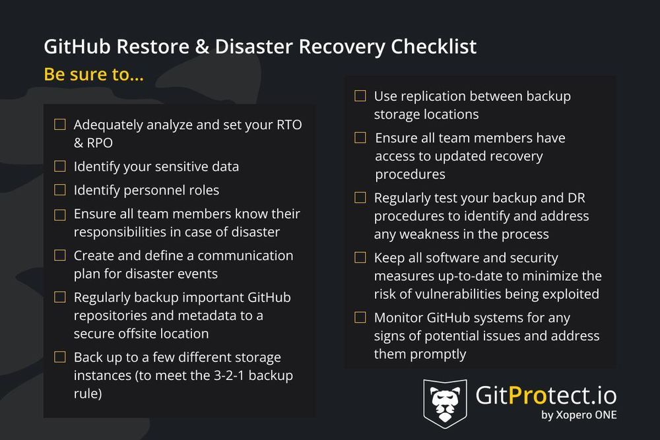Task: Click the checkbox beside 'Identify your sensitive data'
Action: (60, 167)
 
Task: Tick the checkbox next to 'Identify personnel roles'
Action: (60, 191)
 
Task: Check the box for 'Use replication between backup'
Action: (360, 96)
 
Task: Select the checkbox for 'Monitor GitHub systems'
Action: (360, 317)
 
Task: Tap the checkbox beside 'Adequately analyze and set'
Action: (60, 125)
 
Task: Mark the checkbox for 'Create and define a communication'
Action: (60, 255)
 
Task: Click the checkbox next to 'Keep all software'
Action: (360, 258)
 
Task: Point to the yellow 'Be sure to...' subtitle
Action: (94, 75)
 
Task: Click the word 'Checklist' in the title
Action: (434, 47)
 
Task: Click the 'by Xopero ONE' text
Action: (579, 415)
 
